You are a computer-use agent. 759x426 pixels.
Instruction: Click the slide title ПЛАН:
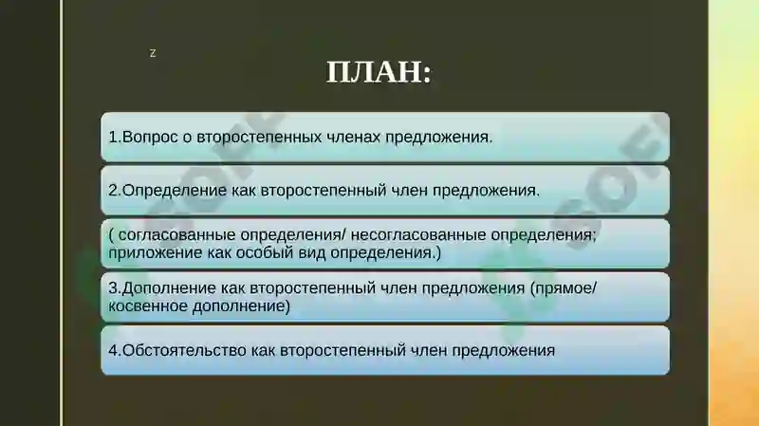click(379, 72)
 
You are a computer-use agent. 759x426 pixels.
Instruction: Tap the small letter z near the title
click(153, 53)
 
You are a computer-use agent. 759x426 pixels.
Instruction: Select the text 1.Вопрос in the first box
click(139, 137)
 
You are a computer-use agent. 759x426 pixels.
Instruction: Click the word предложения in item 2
click(486, 190)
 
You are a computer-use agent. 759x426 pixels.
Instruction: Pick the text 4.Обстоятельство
click(177, 350)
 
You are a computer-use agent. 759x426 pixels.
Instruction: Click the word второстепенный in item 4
click(336, 350)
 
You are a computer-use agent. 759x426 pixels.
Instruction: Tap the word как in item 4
click(263, 350)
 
